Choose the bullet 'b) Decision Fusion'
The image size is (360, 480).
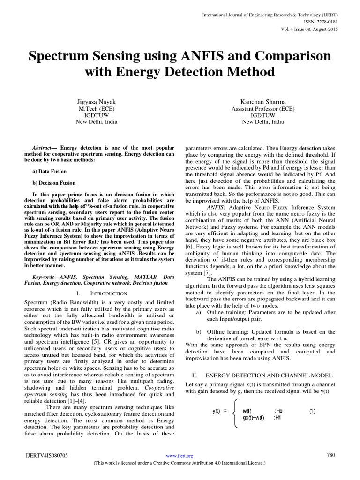coord(54,183)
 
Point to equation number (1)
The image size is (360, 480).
coord(312,411)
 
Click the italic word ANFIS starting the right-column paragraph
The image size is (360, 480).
coord(216,207)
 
